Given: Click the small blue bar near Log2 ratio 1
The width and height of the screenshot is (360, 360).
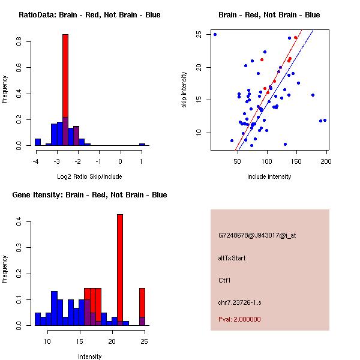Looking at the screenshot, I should point(142,145).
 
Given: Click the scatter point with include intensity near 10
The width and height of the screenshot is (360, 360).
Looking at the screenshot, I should point(215,34).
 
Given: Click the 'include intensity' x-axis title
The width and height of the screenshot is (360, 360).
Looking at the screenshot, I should point(269,177).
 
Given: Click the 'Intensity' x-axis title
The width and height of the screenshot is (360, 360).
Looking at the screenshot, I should point(90,356).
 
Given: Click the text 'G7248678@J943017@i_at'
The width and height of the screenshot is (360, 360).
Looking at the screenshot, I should point(257,235).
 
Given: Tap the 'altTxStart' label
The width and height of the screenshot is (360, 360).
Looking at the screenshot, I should point(232,258).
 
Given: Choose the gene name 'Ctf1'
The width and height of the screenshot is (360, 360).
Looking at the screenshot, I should point(224,280).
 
